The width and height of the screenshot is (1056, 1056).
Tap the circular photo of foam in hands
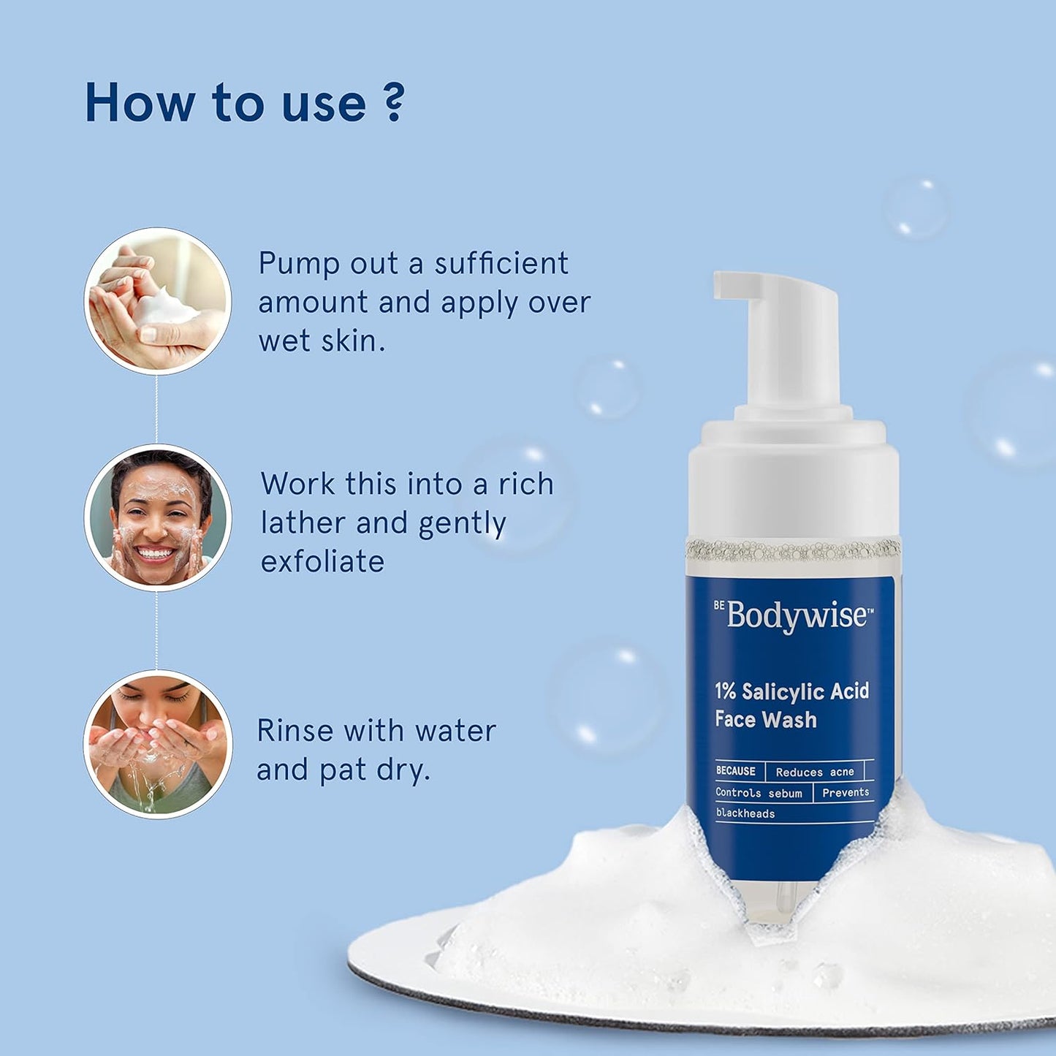(x=157, y=301)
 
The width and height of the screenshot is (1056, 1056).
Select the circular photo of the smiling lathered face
(x=157, y=517)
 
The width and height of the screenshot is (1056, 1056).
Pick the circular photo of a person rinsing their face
(x=157, y=744)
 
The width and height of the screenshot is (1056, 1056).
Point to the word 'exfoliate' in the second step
(x=322, y=561)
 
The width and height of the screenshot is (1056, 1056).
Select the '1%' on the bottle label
(x=725, y=691)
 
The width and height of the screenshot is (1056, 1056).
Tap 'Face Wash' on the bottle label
(x=765, y=720)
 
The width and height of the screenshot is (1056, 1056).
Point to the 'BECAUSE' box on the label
(x=735, y=771)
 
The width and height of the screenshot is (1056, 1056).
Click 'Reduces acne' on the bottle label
(x=814, y=772)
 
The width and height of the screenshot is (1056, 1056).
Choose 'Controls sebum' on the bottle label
(x=759, y=793)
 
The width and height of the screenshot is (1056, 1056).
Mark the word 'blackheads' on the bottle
(x=745, y=813)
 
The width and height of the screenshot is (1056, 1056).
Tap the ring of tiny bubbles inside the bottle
(x=793, y=549)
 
